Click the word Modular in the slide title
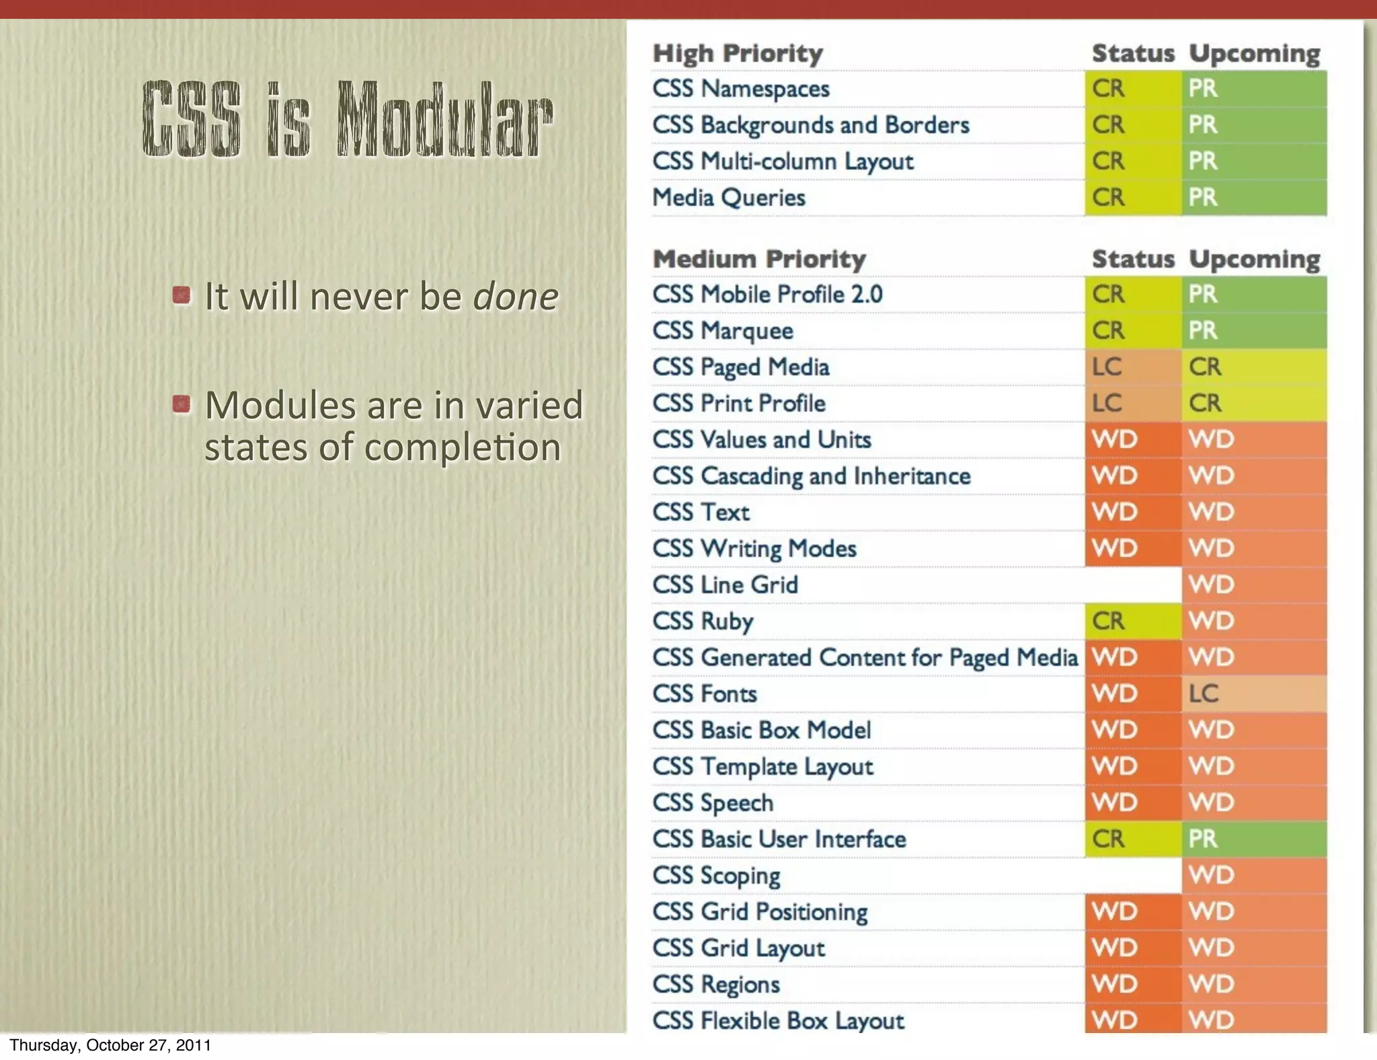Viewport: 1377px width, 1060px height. pos(445,120)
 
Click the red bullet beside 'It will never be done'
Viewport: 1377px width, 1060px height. pos(181,295)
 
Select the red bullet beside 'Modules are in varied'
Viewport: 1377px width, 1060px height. pos(181,404)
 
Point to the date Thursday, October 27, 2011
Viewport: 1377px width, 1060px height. pos(110,1045)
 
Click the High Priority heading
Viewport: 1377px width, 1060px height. pos(738,54)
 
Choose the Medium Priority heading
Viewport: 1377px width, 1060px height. pos(759,259)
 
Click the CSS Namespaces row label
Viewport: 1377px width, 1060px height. pos(741,89)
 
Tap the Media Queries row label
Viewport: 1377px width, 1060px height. pos(729,198)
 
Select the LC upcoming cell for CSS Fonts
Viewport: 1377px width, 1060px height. pos(1253,693)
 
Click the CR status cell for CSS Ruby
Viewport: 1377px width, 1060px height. pos(1132,621)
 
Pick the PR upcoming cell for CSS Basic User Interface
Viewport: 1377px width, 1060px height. pos(1253,839)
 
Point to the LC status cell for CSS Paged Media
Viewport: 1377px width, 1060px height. pos(1132,367)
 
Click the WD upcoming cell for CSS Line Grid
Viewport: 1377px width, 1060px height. pos(1253,584)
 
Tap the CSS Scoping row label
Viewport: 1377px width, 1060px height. pos(716,876)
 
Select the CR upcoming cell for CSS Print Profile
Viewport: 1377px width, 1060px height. pos(1253,403)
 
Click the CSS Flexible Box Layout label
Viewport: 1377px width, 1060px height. pos(778,1020)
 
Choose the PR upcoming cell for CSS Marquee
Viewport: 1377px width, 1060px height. pos(1253,330)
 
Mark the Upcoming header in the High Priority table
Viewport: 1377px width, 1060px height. pos(1254,54)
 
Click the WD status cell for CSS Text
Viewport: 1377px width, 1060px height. pos(1132,512)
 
